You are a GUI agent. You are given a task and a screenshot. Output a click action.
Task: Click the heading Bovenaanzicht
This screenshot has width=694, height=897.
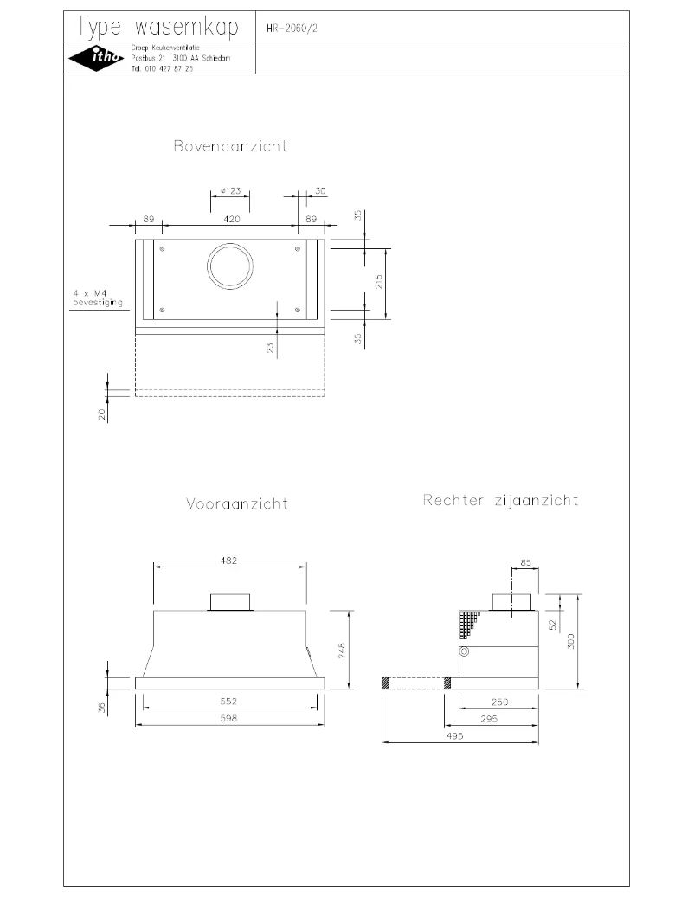click(230, 146)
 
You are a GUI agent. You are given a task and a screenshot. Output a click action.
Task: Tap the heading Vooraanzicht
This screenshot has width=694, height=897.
click(236, 503)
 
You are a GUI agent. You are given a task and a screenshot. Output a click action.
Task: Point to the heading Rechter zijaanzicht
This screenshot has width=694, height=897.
click(500, 500)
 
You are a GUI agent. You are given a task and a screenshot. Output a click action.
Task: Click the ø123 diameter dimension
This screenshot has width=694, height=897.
click(230, 190)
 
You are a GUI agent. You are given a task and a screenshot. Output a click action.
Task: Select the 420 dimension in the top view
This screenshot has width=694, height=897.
click(232, 220)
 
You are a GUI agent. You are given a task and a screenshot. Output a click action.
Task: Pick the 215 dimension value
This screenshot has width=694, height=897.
click(378, 283)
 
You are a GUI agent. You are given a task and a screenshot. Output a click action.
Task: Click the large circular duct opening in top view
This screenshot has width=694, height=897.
click(230, 266)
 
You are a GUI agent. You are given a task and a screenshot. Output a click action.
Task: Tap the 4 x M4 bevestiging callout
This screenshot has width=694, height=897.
click(96, 298)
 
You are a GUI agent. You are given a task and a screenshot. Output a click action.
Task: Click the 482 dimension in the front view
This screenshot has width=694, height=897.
click(229, 561)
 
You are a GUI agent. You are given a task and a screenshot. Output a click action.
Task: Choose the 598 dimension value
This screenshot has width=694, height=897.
click(229, 718)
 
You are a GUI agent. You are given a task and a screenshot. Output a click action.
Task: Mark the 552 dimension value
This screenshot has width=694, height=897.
click(229, 701)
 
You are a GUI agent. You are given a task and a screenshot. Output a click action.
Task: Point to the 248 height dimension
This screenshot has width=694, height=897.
click(342, 649)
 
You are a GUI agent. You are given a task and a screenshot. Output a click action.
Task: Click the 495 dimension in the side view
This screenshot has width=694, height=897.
click(455, 735)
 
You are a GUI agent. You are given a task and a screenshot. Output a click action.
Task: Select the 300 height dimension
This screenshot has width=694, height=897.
click(569, 640)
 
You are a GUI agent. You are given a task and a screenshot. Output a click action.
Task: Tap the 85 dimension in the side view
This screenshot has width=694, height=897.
click(525, 563)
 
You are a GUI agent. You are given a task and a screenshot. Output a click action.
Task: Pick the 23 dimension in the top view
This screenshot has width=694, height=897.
click(270, 347)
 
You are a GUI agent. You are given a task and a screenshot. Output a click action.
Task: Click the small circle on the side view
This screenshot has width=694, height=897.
click(465, 651)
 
